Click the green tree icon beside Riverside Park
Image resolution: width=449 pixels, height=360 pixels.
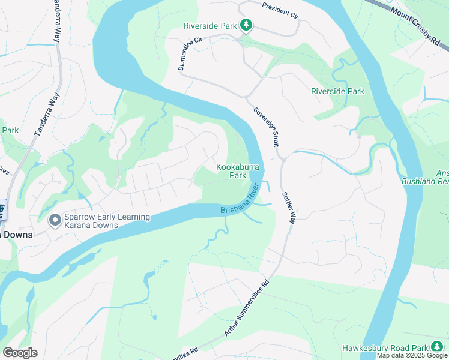(x=246, y=25)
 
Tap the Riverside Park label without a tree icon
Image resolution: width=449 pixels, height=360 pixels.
(x=337, y=92)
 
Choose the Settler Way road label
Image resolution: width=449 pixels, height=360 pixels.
(x=289, y=208)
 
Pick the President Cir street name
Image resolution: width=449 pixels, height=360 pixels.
(x=280, y=10)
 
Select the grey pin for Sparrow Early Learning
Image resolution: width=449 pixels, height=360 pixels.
(x=55, y=221)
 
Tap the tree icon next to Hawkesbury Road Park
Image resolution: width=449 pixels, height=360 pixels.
(x=438, y=347)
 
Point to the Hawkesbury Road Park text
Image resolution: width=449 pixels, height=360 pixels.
(x=385, y=348)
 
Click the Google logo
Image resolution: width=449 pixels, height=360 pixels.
(x=20, y=353)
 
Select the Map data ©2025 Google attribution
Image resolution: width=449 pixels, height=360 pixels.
(x=412, y=356)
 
